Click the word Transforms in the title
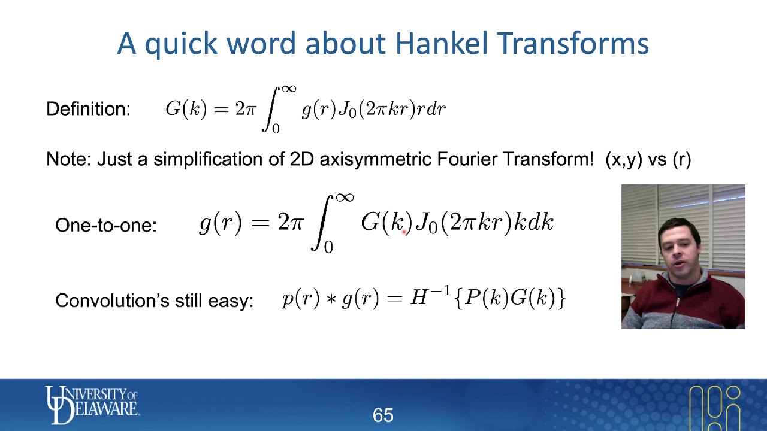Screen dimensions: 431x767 click(573, 44)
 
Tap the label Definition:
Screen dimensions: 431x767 click(88, 109)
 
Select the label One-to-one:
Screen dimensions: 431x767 click(106, 225)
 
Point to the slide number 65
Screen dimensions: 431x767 click(383, 415)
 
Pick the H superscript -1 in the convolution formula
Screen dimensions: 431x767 click(430, 296)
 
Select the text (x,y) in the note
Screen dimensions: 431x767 click(624, 159)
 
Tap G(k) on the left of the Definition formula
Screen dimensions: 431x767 click(186, 109)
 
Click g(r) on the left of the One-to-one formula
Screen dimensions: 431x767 click(221, 223)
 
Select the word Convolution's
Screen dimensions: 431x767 click(113, 300)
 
